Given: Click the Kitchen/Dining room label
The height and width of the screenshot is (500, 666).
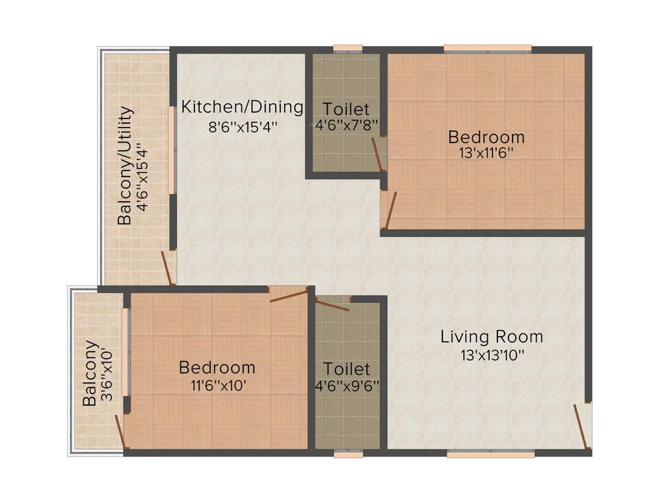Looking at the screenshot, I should coord(243,107).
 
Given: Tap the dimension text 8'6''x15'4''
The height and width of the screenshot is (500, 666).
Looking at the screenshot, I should coord(243,126).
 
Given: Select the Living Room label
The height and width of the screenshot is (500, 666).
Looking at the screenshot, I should coord(491,337).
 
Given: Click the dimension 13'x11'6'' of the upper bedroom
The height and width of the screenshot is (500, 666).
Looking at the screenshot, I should coord(486,154).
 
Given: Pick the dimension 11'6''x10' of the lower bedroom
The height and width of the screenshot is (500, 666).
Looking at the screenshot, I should coord(217,385).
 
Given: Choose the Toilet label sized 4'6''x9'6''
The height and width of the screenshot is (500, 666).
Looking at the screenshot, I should coord(347,369).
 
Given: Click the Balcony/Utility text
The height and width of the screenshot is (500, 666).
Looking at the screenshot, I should coord(126,166).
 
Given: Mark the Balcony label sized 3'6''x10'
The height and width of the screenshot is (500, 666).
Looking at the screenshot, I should coord(90,374).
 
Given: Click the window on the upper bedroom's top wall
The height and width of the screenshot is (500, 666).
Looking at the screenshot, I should coord(487,48).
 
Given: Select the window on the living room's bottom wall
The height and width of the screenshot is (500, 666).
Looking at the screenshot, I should coord(490,454).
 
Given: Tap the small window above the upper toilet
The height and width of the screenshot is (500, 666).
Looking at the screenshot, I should coord(347,48).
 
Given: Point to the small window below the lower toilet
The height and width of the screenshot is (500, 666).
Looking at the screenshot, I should coord(348,454).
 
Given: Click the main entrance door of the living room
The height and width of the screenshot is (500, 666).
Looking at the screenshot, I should coord(583,426).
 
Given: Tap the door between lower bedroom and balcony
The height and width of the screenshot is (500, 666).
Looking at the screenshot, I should coord(120,431).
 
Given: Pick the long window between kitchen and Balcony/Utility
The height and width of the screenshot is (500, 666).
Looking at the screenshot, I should coord(172,150).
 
